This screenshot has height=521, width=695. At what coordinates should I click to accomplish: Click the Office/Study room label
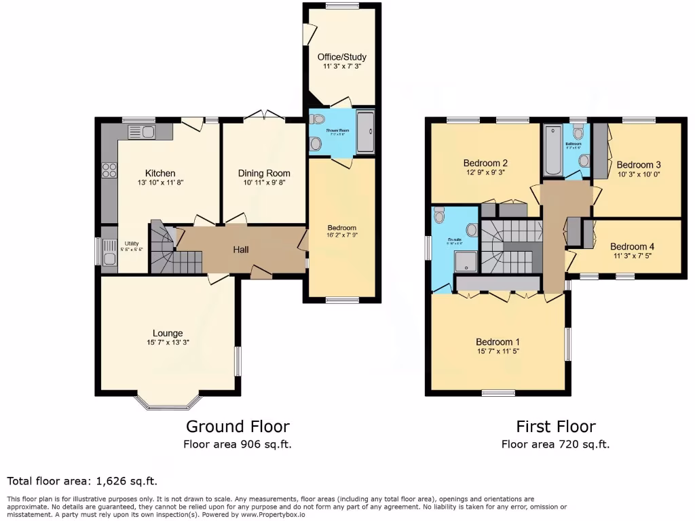pyautogui.click(x=339, y=57)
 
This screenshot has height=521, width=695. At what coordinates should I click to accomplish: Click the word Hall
pyautogui.click(x=241, y=250)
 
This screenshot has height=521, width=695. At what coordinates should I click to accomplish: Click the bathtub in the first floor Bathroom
pyautogui.click(x=550, y=149)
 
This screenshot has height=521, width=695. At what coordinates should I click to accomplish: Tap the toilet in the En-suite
pyautogui.click(x=438, y=216)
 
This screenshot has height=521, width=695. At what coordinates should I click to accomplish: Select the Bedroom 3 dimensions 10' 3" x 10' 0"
pyautogui.click(x=638, y=174)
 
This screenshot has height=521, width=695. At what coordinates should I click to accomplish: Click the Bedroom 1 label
pyautogui.click(x=498, y=341)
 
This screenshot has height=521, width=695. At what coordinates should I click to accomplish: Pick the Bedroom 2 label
pyautogui.click(x=486, y=163)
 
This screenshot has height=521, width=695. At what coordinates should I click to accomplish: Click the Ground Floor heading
pyautogui.click(x=238, y=427)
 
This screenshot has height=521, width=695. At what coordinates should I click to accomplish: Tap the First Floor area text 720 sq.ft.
pyautogui.click(x=555, y=445)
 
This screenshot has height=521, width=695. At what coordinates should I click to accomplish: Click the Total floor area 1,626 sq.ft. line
pyautogui.click(x=82, y=481)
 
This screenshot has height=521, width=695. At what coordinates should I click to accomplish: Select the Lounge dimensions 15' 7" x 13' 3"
pyautogui.click(x=168, y=343)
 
